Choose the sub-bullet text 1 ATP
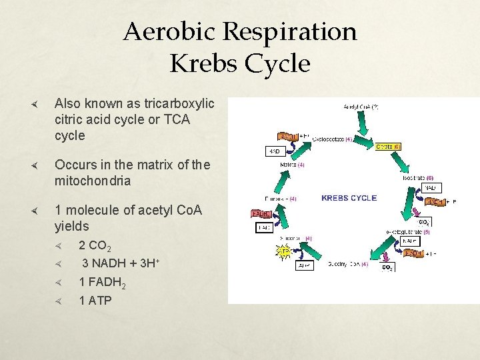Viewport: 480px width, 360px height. (x=95, y=301)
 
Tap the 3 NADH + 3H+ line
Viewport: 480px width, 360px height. (x=120, y=264)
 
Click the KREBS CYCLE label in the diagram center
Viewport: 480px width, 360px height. (x=349, y=198)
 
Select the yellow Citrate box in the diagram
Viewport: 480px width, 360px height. (x=388, y=146)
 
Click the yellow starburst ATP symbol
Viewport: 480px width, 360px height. (x=283, y=252)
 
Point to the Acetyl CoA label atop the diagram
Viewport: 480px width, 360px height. (x=361, y=107)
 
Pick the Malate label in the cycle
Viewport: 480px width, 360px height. (x=292, y=164)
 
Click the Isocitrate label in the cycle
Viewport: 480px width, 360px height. (x=419, y=178)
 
